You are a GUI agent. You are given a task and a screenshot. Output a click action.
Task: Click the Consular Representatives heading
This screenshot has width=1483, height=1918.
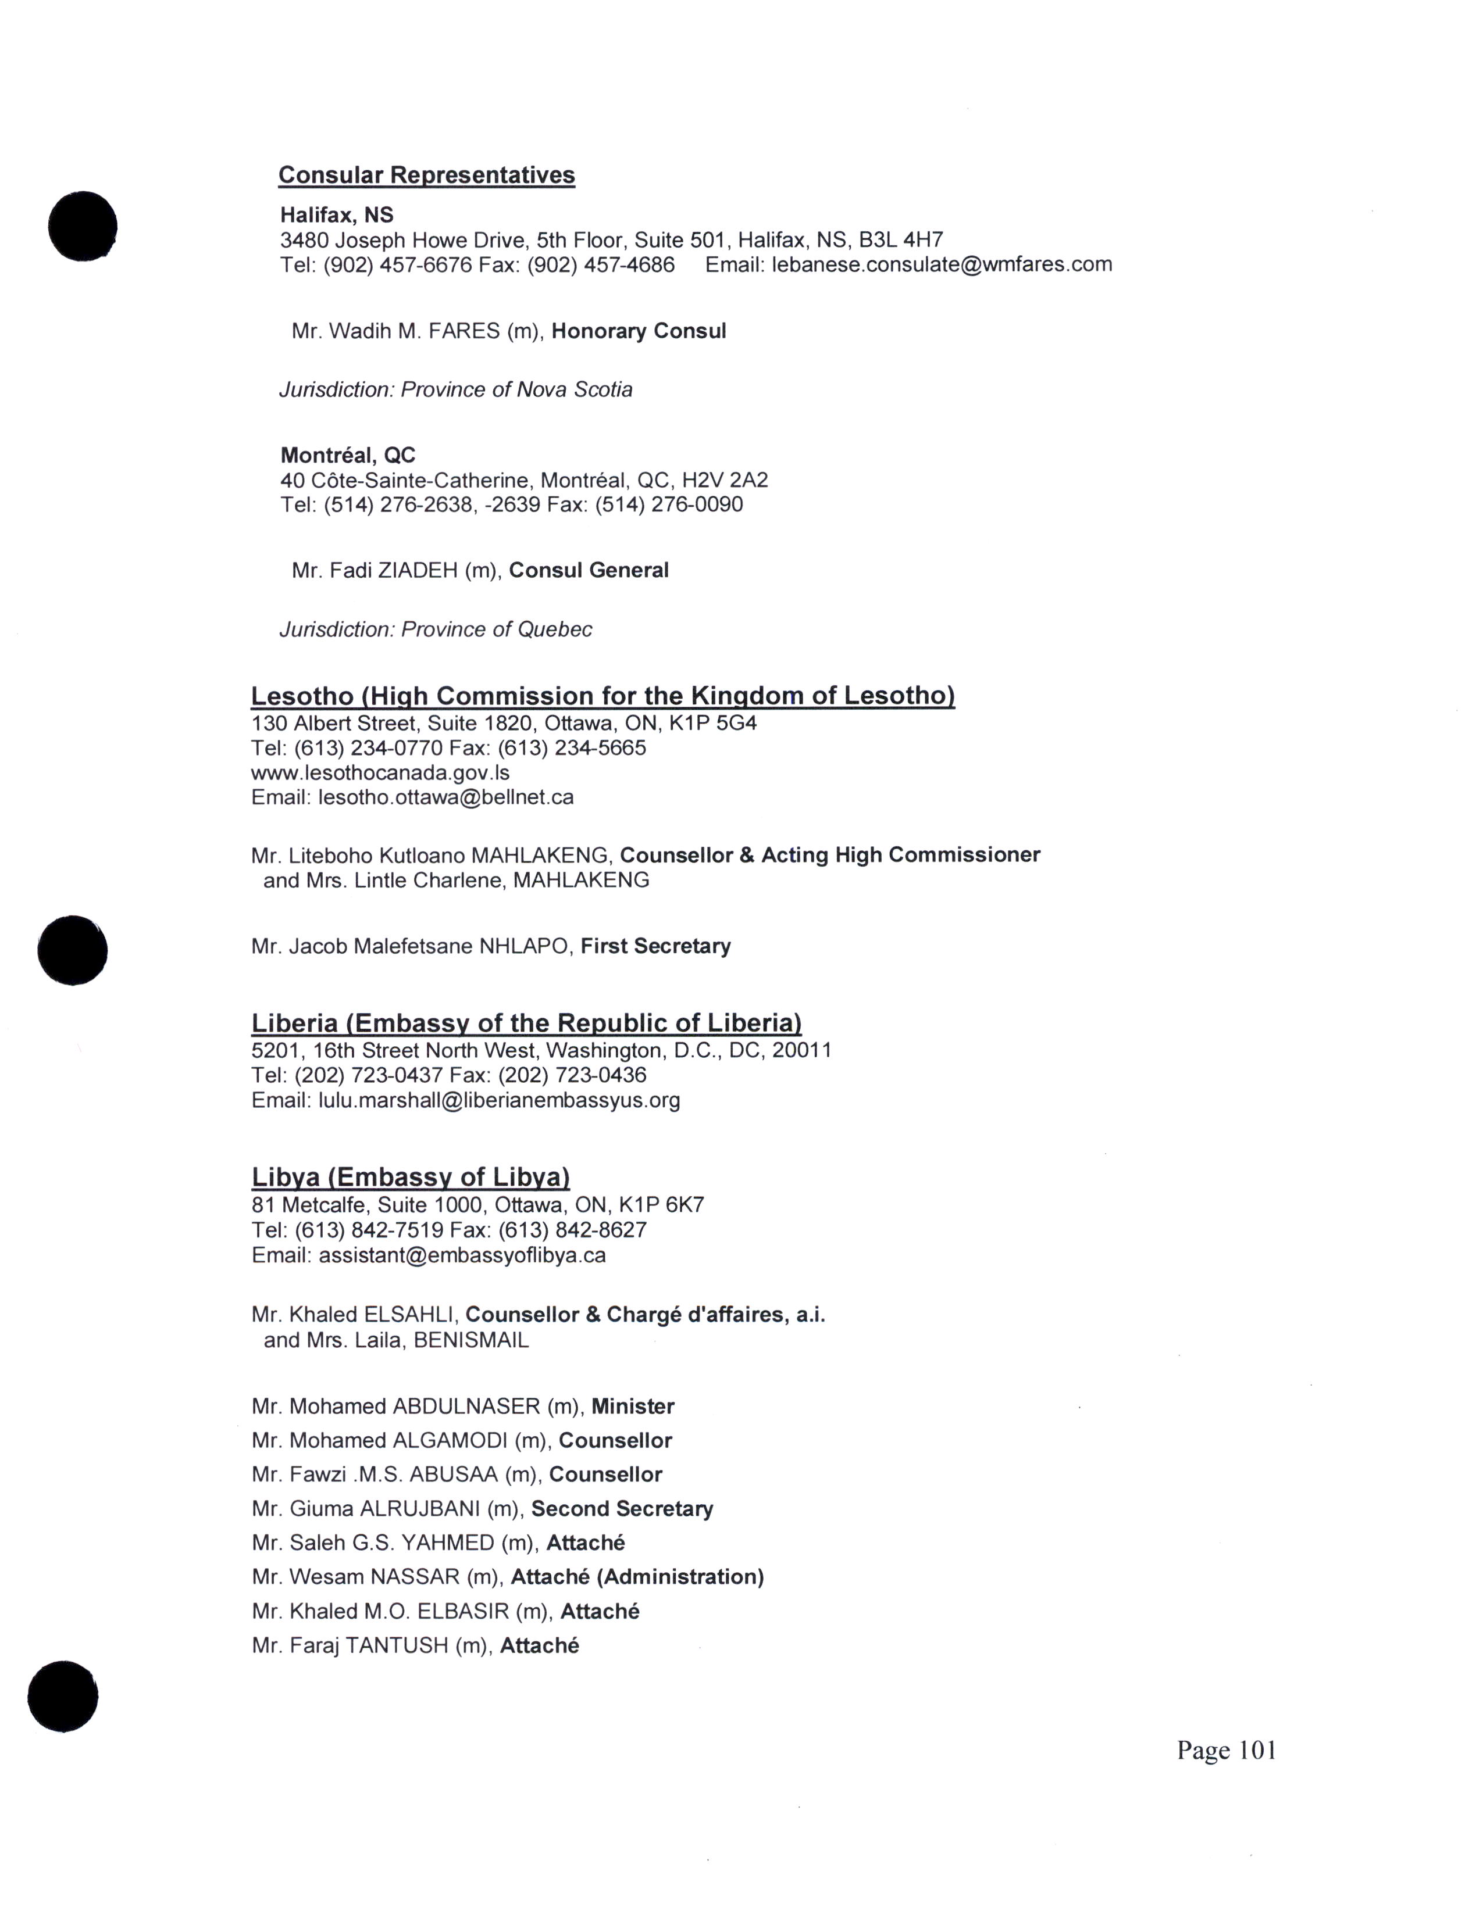[426, 175]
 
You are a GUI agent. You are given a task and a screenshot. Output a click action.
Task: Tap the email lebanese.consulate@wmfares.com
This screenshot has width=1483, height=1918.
[941, 264]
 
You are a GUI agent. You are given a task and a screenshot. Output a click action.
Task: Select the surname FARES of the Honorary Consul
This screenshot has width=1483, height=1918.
[464, 331]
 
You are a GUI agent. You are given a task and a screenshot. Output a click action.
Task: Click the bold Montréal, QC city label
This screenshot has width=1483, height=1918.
[348, 455]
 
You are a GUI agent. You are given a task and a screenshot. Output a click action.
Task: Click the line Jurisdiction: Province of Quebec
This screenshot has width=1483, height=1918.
[436, 629]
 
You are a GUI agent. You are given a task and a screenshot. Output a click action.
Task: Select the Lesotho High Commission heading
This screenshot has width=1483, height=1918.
[603, 696]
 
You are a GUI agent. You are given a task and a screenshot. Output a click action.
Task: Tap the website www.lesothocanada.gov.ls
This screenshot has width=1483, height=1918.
[380, 773]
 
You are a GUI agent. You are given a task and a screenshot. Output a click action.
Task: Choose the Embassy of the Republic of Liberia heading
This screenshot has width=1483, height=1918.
[526, 1023]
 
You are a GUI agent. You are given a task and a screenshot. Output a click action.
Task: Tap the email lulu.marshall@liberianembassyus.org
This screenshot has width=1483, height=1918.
[498, 1100]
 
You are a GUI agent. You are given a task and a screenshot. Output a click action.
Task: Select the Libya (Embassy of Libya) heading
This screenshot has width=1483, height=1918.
[410, 1177]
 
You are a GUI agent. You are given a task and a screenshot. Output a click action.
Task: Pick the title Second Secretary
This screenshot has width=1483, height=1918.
[622, 1509]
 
